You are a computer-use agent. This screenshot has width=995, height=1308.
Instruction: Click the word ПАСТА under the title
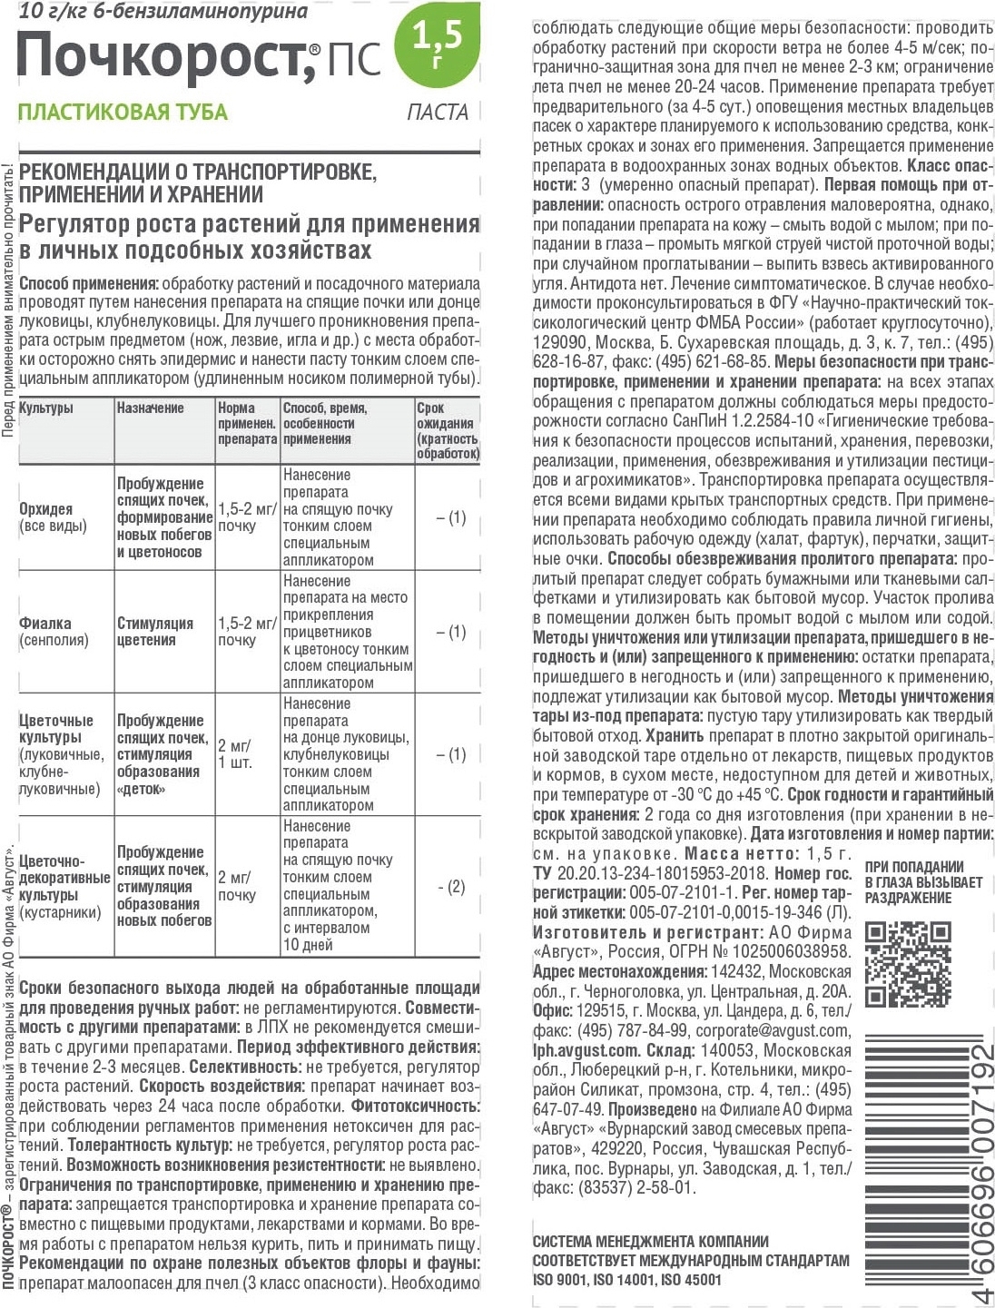tap(437, 113)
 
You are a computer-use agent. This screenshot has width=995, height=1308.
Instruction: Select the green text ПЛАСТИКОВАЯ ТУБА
tap(123, 113)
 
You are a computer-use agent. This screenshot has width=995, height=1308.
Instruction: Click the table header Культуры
tap(46, 408)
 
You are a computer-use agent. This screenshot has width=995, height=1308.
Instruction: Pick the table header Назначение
tap(150, 408)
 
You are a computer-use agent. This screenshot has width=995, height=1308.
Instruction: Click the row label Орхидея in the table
tap(46, 509)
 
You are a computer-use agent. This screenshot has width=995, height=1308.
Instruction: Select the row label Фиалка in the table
tap(45, 624)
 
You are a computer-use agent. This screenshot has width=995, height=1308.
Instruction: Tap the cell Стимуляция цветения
tap(155, 632)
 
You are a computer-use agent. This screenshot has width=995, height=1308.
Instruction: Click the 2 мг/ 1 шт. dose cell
tap(234, 754)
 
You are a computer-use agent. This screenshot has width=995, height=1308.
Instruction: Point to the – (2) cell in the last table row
tap(451, 887)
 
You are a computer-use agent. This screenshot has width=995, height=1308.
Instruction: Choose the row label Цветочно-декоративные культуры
tap(64, 878)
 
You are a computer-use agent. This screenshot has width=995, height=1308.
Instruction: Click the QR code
tap(907, 964)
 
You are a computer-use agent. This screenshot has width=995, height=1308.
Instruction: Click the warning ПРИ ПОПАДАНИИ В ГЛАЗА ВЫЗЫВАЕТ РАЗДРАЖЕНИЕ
tap(923, 882)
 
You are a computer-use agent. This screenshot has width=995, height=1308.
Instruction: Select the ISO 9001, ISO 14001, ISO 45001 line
tap(626, 1280)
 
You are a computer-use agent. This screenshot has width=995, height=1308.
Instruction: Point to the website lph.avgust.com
tap(586, 1050)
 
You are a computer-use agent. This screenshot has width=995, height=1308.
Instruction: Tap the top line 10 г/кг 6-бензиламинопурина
tap(163, 12)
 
